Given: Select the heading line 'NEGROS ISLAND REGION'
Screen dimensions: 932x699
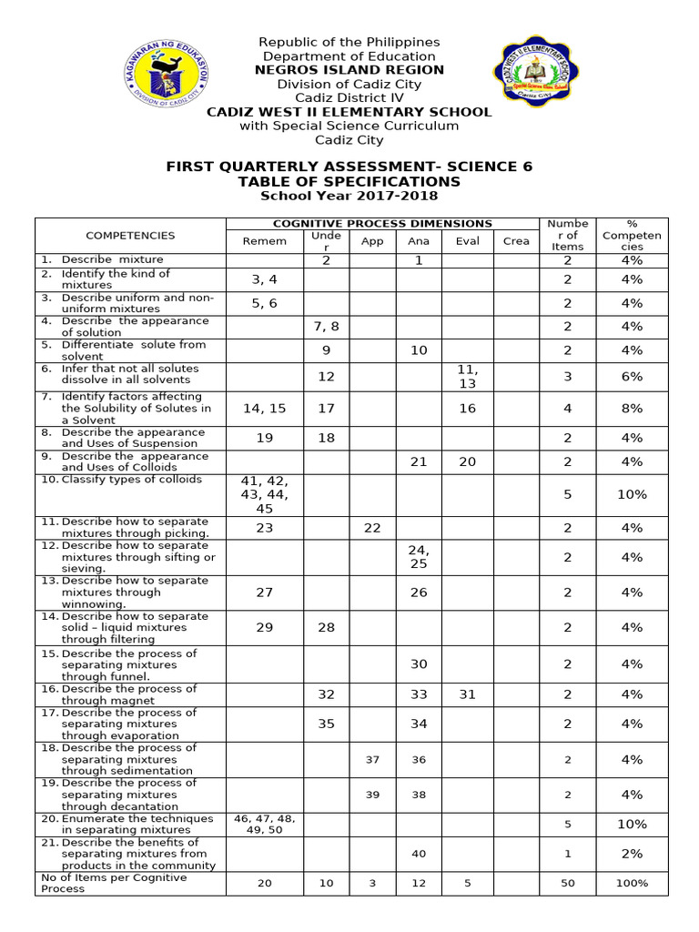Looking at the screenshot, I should click(x=349, y=70).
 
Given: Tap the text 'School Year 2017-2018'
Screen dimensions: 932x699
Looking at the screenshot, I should click(x=349, y=196).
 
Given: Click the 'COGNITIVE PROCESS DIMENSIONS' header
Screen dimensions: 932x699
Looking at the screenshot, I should click(x=382, y=223).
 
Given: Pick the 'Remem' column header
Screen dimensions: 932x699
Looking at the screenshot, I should click(x=264, y=241).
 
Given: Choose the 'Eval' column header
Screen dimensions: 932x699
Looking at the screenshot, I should click(x=467, y=241).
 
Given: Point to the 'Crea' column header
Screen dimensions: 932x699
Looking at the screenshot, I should click(x=516, y=241).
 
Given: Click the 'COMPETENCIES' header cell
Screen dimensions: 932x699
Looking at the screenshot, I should click(x=130, y=236).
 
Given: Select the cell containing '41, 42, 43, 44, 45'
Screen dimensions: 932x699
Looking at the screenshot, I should click(x=264, y=494).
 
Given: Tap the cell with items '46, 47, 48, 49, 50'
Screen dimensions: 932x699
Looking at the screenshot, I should click(x=264, y=824).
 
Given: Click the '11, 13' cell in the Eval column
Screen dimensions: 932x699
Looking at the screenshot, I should click(x=467, y=376).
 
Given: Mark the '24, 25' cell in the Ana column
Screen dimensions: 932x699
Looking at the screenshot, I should click(x=419, y=557).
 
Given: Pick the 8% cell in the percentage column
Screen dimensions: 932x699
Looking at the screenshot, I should click(x=632, y=409).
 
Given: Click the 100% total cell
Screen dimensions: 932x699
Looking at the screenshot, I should click(x=632, y=883).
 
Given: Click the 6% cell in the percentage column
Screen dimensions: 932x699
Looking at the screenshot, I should click(x=632, y=376).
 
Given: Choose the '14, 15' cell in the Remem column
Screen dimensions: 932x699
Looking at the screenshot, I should click(x=264, y=409).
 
